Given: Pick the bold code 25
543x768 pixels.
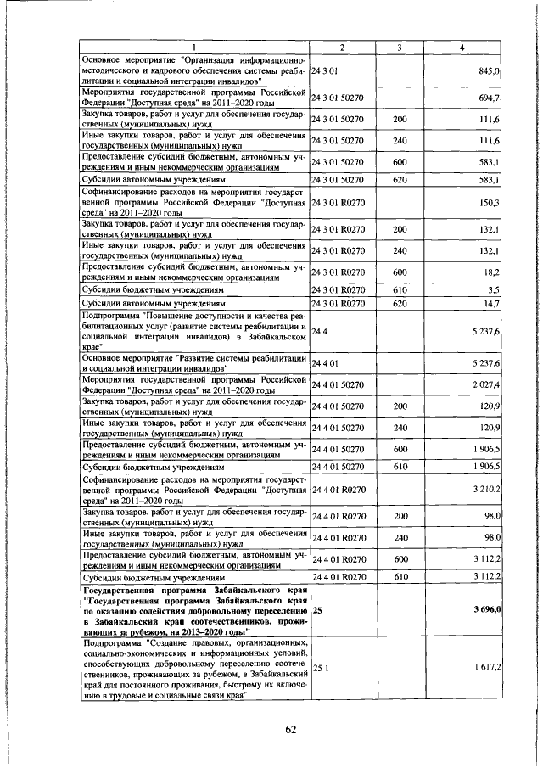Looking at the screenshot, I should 317,609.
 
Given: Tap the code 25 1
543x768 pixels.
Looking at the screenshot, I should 320,669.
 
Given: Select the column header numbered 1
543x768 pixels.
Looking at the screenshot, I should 194,48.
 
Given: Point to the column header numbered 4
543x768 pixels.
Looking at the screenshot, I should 462,48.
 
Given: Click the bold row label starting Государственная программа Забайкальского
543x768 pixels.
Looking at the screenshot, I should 194,609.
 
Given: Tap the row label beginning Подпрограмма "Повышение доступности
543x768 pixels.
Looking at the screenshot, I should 194,332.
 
